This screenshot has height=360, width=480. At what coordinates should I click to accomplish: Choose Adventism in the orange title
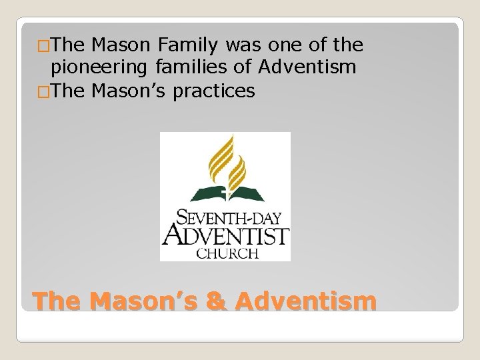[306, 301]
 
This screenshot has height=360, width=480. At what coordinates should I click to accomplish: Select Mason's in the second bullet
[129, 91]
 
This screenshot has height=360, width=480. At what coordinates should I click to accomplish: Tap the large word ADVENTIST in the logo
[225, 235]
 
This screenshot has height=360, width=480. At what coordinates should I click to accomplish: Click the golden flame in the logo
[224, 160]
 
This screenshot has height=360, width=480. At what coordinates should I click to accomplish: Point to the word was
[244, 46]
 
